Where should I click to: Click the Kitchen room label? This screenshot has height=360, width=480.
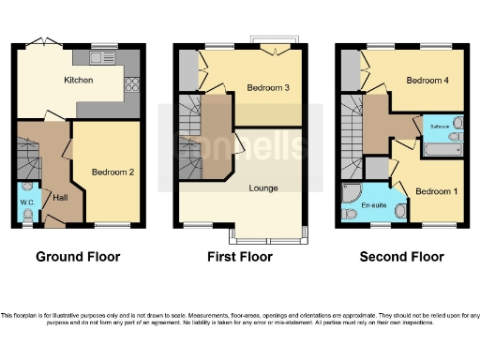coord(78,82)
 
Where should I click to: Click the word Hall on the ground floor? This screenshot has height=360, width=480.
coord(60,198)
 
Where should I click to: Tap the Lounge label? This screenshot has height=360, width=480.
coord(262,187)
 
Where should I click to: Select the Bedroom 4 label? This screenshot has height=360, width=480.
coord(424,81)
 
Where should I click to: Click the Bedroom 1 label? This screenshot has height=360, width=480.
coord(432,191)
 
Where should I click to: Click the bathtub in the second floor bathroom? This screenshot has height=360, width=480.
coord(440,148)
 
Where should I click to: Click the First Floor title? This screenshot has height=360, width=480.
coord(239,256)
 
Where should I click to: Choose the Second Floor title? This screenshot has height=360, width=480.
coord(400,256)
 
